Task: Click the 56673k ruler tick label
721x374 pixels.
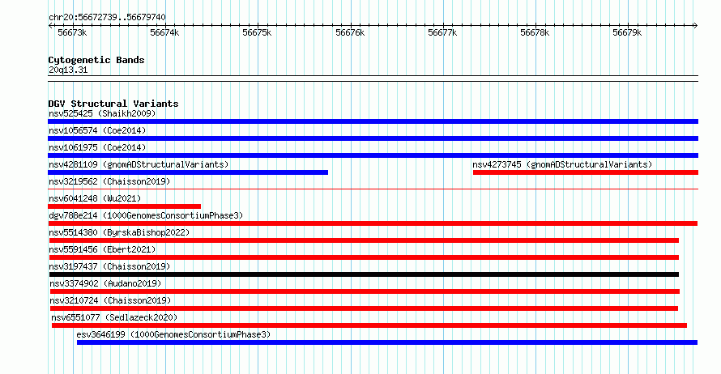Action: click(x=72, y=32)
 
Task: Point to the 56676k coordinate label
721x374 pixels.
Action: click(x=350, y=32)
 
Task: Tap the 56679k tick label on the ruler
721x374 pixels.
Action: click(x=627, y=32)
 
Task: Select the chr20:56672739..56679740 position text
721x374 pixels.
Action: click(x=107, y=17)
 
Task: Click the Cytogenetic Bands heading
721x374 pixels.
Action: click(x=96, y=60)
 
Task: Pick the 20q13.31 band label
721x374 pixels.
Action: click(x=68, y=70)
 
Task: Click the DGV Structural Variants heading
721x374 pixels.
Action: click(x=113, y=104)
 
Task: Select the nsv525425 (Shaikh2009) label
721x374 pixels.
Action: click(x=102, y=113)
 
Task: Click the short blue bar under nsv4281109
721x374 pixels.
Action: click(x=188, y=172)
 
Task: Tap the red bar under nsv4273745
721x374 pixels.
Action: click(x=586, y=172)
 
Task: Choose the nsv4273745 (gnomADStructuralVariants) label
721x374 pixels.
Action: click(x=562, y=164)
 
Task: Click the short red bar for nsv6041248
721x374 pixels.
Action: click(x=124, y=206)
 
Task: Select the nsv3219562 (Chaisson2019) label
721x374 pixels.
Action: click(x=109, y=181)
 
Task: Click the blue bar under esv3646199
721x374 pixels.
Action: click(x=387, y=342)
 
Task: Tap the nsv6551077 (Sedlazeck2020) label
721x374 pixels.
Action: click(x=114, y=317)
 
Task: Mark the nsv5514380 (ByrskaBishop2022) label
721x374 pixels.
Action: click(x=119, y=232)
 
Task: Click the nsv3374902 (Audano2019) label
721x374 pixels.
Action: click(x=105, y=283)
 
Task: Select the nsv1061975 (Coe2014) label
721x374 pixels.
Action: click(x=97, y=147)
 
